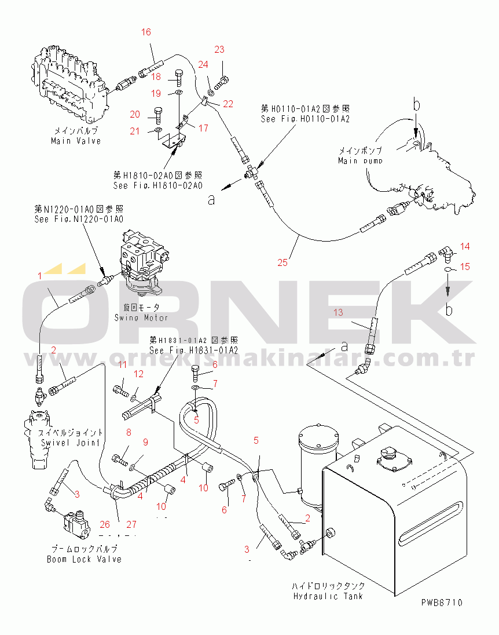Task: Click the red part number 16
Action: pyautogui.click(x=146, y=32)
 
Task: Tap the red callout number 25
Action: pyautogui.click(x=282, y=262)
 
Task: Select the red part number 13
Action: pyautogui.click(x=337, y=312)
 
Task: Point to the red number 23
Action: pyautogui.click(x=219, y=50)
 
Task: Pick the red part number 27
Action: pyautogui.click(x=131, y=525)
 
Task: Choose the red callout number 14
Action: pyautogui.click(x=465, y=247)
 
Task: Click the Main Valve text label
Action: pyautogui.click(x=76, y=141)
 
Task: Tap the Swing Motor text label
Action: pyautogui.click(x=141, y=317)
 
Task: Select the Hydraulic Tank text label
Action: pyautogui.click(x=328, y=596)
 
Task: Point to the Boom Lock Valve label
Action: pyautogui.click(x=85, y=559)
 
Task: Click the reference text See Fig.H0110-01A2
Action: pyautogui.click(x=305, y=119)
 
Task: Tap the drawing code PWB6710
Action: pyautogui.click(x=442, y=603)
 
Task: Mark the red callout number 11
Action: pyautogui.click(x=122, y=364)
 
